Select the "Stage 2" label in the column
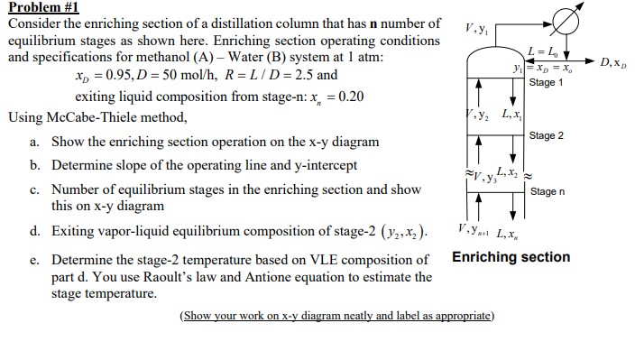pyautogui.click(x=548, y=135)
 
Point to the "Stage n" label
pyautogui.click(x=548, y=192)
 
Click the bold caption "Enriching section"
pyautogui.click(x=511, y=257)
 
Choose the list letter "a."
pyautogui.click(x=33, y=143)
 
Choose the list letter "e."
pyautogui.click(x=33, y=261)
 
